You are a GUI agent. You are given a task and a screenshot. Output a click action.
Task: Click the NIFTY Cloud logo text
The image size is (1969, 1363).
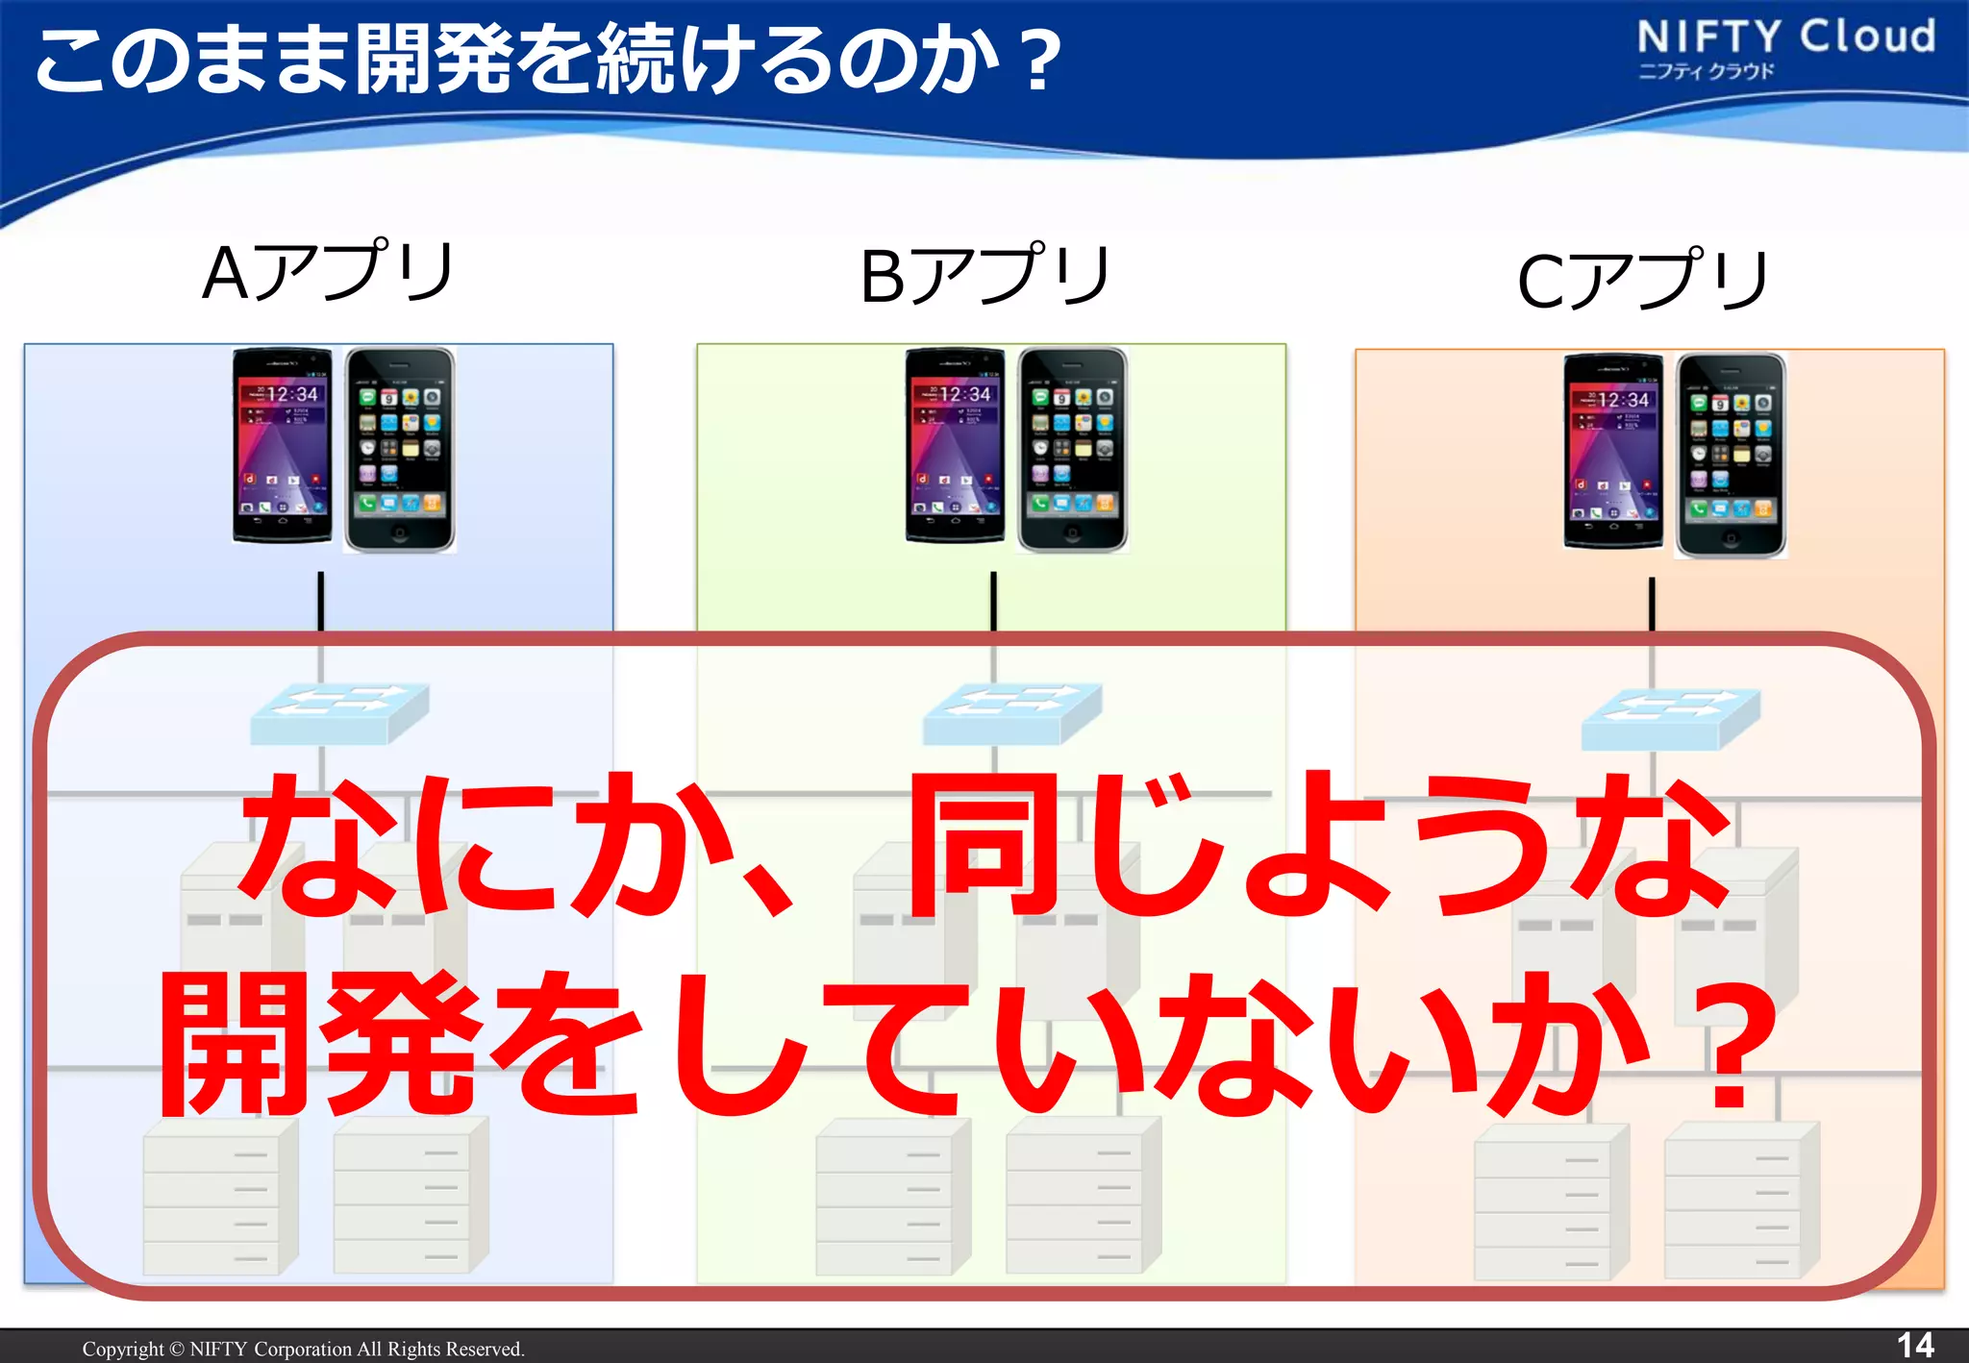pyautogui.click(x=1785, y=37)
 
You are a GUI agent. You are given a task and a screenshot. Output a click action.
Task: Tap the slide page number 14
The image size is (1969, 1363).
pyautogui.click(x=1914, y=1345)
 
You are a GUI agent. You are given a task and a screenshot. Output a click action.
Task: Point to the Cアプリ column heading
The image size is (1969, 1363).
pyautogui.click(x=1642, y=280)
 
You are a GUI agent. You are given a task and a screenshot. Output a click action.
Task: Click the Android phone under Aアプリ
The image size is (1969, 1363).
pyautogui.click(x=283, y=446)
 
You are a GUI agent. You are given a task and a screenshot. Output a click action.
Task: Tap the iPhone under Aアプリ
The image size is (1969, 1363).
pyautogui.click(x=399, y=450)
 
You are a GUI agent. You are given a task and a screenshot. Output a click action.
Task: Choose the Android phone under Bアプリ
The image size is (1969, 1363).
pyautogui.click(x=956, y=446)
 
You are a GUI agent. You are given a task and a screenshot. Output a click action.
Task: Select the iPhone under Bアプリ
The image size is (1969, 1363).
pyautogui.click(x=1072, y=450)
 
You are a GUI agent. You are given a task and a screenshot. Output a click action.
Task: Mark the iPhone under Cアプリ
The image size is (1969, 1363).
pyautogui.click(x=1731, y=456)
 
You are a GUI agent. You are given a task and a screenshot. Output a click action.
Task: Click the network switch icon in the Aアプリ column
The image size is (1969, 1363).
pyautogui.click(x=339, y=713)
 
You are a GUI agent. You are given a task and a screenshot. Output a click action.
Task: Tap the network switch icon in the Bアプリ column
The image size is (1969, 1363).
pyautogui.click(x=1012, y=713)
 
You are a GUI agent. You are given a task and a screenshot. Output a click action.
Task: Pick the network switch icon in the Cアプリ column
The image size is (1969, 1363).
pyautogui.click(x=1671, y=719)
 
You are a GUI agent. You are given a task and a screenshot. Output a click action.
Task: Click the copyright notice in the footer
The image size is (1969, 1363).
pyautogui.click(x=303, y=1349)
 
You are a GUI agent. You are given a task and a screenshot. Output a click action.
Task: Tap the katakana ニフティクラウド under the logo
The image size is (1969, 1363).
pyautogui.click(x=1706, y=71)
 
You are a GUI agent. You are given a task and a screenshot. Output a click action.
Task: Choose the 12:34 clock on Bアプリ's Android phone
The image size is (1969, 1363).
pyautogui.click(x=964, y=394)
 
